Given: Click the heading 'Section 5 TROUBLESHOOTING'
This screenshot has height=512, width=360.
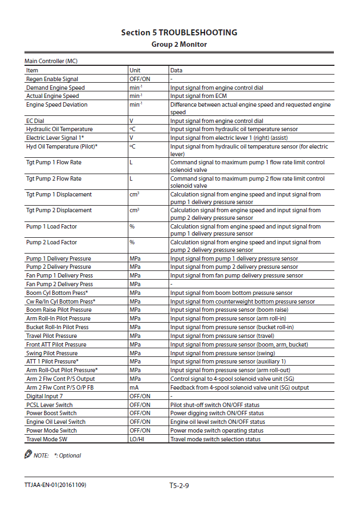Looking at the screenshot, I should pos(179,33).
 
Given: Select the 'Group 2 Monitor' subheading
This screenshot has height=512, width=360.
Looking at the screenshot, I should pos(179,44).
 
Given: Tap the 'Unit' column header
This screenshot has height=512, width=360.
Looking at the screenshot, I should pos(135,70).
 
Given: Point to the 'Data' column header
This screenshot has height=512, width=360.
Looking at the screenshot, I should pos(176,70).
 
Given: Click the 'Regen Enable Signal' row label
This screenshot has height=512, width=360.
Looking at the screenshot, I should pos(52,79).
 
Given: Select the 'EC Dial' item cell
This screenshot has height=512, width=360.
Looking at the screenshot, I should pos(35,121).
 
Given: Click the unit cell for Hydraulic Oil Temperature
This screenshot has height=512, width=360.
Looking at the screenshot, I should pos(132,129).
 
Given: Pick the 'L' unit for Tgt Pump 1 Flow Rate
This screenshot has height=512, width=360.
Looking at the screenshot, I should pos(131,162).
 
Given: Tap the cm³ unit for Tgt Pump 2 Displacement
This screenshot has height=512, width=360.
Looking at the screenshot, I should pos(134,210).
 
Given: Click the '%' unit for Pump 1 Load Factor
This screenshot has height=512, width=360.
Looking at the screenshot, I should pos(132,226).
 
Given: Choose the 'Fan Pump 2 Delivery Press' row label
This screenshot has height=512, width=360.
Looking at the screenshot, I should pos(59,284).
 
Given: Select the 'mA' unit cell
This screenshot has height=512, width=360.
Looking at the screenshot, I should pos(134,387).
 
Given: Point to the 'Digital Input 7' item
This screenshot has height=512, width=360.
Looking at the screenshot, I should pos(45,396).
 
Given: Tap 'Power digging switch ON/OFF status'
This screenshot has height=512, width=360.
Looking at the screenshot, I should pos(217,414).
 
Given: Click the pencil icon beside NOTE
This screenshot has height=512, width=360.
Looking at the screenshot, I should pos(28,454).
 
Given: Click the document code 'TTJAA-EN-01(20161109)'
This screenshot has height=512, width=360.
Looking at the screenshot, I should pos(55,485).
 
